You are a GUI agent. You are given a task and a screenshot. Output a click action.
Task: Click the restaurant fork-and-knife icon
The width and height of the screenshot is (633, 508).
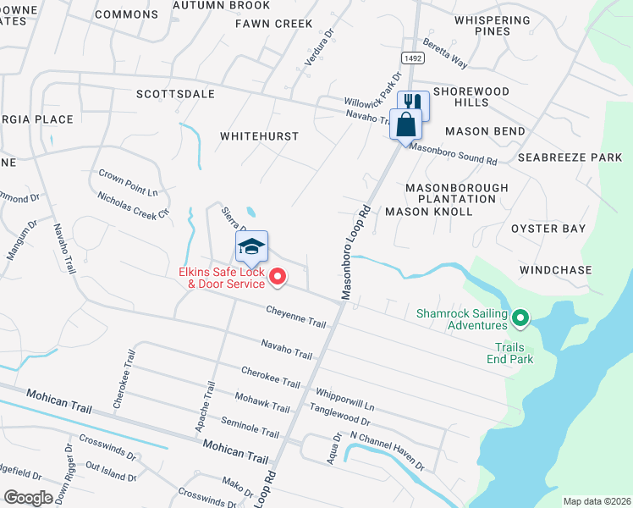414,105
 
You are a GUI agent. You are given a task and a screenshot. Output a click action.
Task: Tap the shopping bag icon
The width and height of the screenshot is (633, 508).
406,124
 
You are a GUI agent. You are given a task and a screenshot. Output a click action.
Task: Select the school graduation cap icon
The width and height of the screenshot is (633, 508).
251,246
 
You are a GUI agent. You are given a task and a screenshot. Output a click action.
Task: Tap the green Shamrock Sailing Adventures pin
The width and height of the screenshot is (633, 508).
520,318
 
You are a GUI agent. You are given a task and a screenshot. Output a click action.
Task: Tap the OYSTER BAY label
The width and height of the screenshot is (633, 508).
548,229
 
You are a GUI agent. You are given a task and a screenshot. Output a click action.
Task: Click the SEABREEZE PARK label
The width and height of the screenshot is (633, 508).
570,157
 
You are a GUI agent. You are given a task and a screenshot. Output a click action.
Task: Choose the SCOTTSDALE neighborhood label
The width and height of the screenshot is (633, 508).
175,94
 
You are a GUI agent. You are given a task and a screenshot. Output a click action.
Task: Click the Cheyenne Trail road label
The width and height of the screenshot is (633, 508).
297,317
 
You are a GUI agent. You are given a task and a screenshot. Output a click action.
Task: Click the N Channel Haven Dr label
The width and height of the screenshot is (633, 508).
387,450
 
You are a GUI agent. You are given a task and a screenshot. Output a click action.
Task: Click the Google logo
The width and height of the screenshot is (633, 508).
29,498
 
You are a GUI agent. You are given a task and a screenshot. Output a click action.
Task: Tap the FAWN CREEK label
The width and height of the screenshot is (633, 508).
273,24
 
